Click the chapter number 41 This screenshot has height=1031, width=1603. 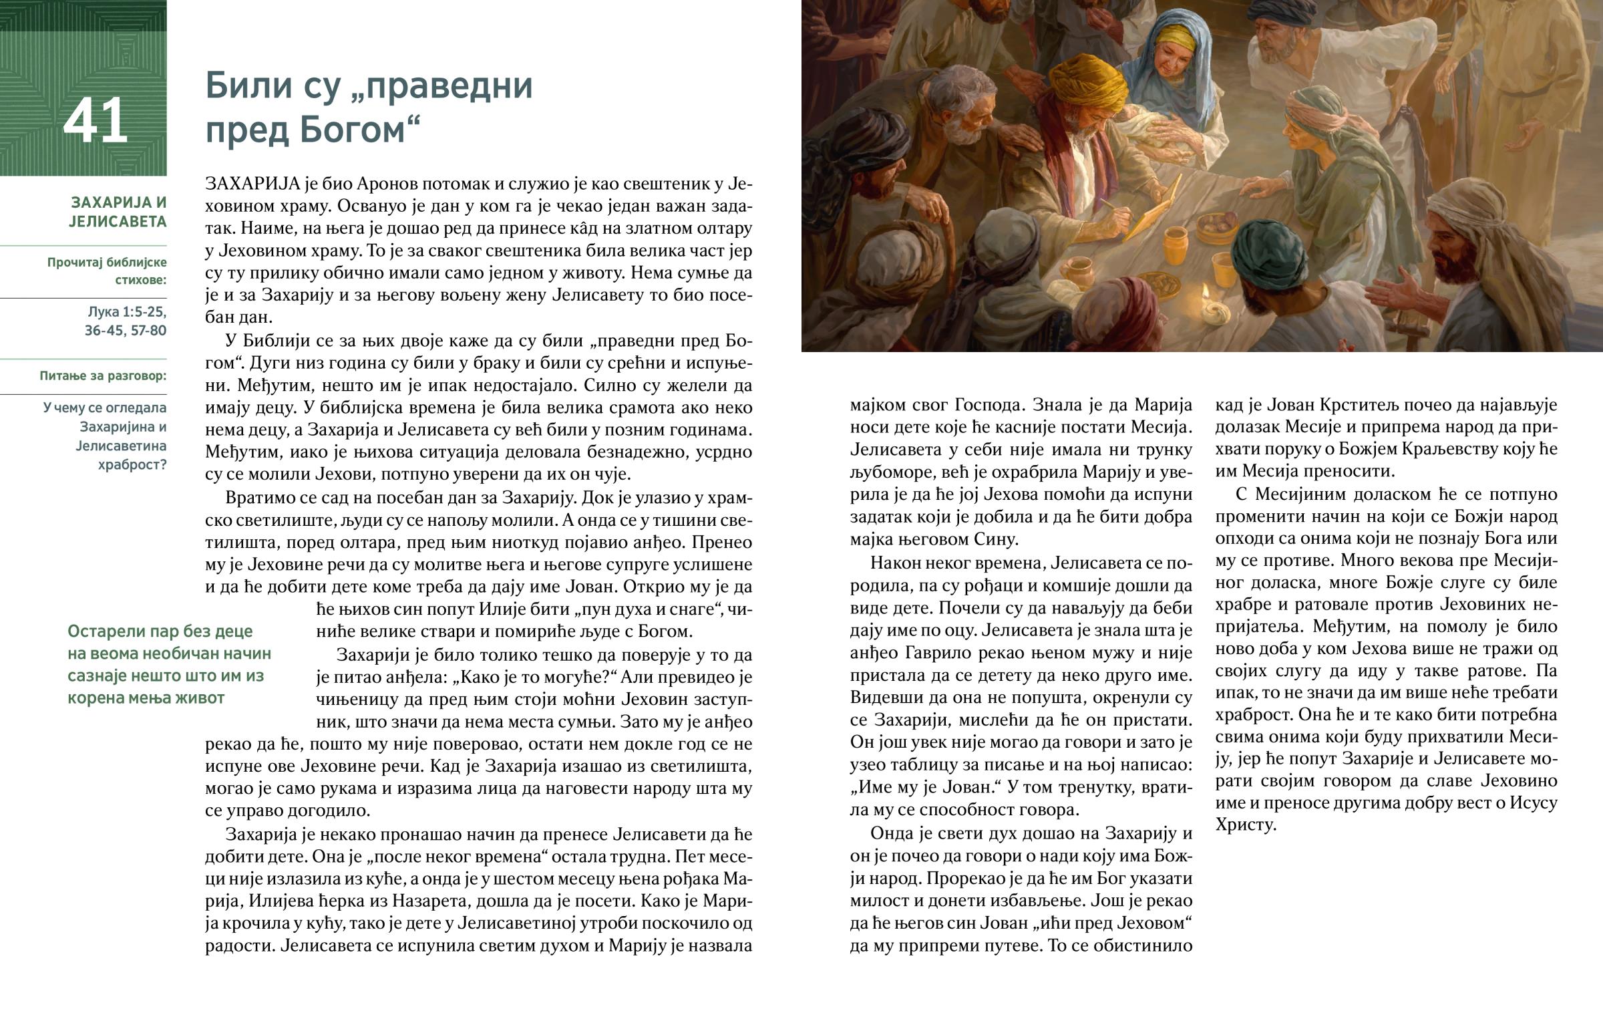coord(95,120)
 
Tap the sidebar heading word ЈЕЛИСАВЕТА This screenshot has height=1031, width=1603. coord(117,222)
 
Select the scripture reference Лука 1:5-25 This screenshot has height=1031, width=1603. coord(126,311)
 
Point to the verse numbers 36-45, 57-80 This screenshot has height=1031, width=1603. coord(125,330)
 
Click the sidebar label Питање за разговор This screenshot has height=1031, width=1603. coord(102,376)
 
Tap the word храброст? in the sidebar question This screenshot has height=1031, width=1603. coord(132,464)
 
